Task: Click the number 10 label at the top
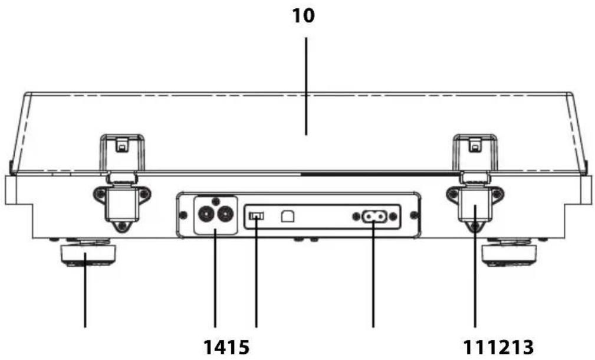tap(303, 15)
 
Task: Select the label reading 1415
tap(226, 347)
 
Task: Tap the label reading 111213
tap(498, 347)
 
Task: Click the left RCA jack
tap(206, 215)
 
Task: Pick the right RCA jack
tap(224, 215)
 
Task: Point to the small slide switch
tap(257, 217)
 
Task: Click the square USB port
tap(288, 216)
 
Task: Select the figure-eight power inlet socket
tap(374, 217)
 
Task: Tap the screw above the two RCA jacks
tap(215, 201)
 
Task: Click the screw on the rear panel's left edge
tap(183, 215)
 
